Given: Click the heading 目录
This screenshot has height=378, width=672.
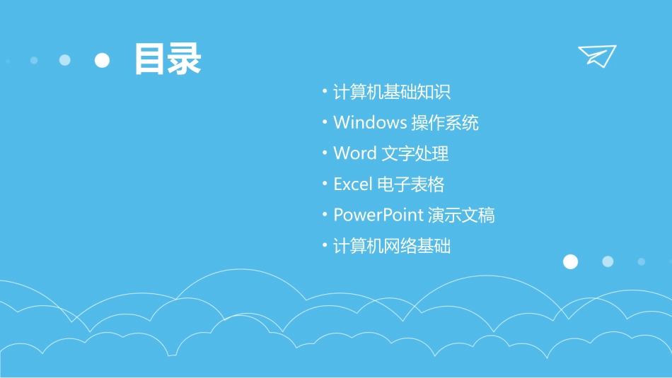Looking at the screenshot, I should tap(168, 59).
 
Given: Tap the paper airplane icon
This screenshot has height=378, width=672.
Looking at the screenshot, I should tap(597, 55).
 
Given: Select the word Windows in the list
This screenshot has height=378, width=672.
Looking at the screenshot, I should tap(370, 122).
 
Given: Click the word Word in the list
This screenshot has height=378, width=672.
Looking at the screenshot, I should tap(355, 153).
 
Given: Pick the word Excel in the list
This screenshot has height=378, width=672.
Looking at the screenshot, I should tap(353, 184).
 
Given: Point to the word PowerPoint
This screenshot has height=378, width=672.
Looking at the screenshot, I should tap(378, 215).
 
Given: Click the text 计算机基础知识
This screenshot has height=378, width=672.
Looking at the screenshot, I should tap(392, 92).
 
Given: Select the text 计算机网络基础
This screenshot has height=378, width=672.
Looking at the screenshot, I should tap(392, 246).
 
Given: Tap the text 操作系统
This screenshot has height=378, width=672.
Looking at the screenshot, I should tap(445, 122).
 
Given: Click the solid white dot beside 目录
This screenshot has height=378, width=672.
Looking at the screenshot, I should tap(103, 60).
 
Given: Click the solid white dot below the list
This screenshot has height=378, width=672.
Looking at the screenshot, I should tap(570, 261).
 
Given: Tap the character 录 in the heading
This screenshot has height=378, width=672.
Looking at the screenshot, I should tap(185, 59).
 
